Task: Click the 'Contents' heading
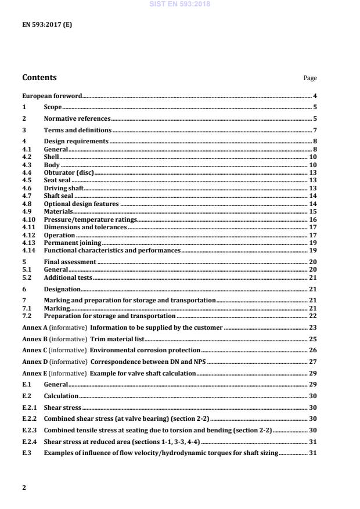coord(39,77)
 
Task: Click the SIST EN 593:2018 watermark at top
coord(181,4)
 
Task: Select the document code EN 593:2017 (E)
coord(48,25)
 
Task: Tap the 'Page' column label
coord(310,78)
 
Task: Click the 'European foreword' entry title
coord(52,96)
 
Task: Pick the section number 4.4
coord(27,173)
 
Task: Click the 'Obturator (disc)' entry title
coord(69,173)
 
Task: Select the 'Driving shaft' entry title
coord(63,189)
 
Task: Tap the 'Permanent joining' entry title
coord(72,243)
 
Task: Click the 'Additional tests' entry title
coord(68,278)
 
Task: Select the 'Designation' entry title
coord(62,289)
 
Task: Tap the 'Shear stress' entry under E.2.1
coord(62,407)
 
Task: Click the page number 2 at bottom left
coord(24,488)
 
